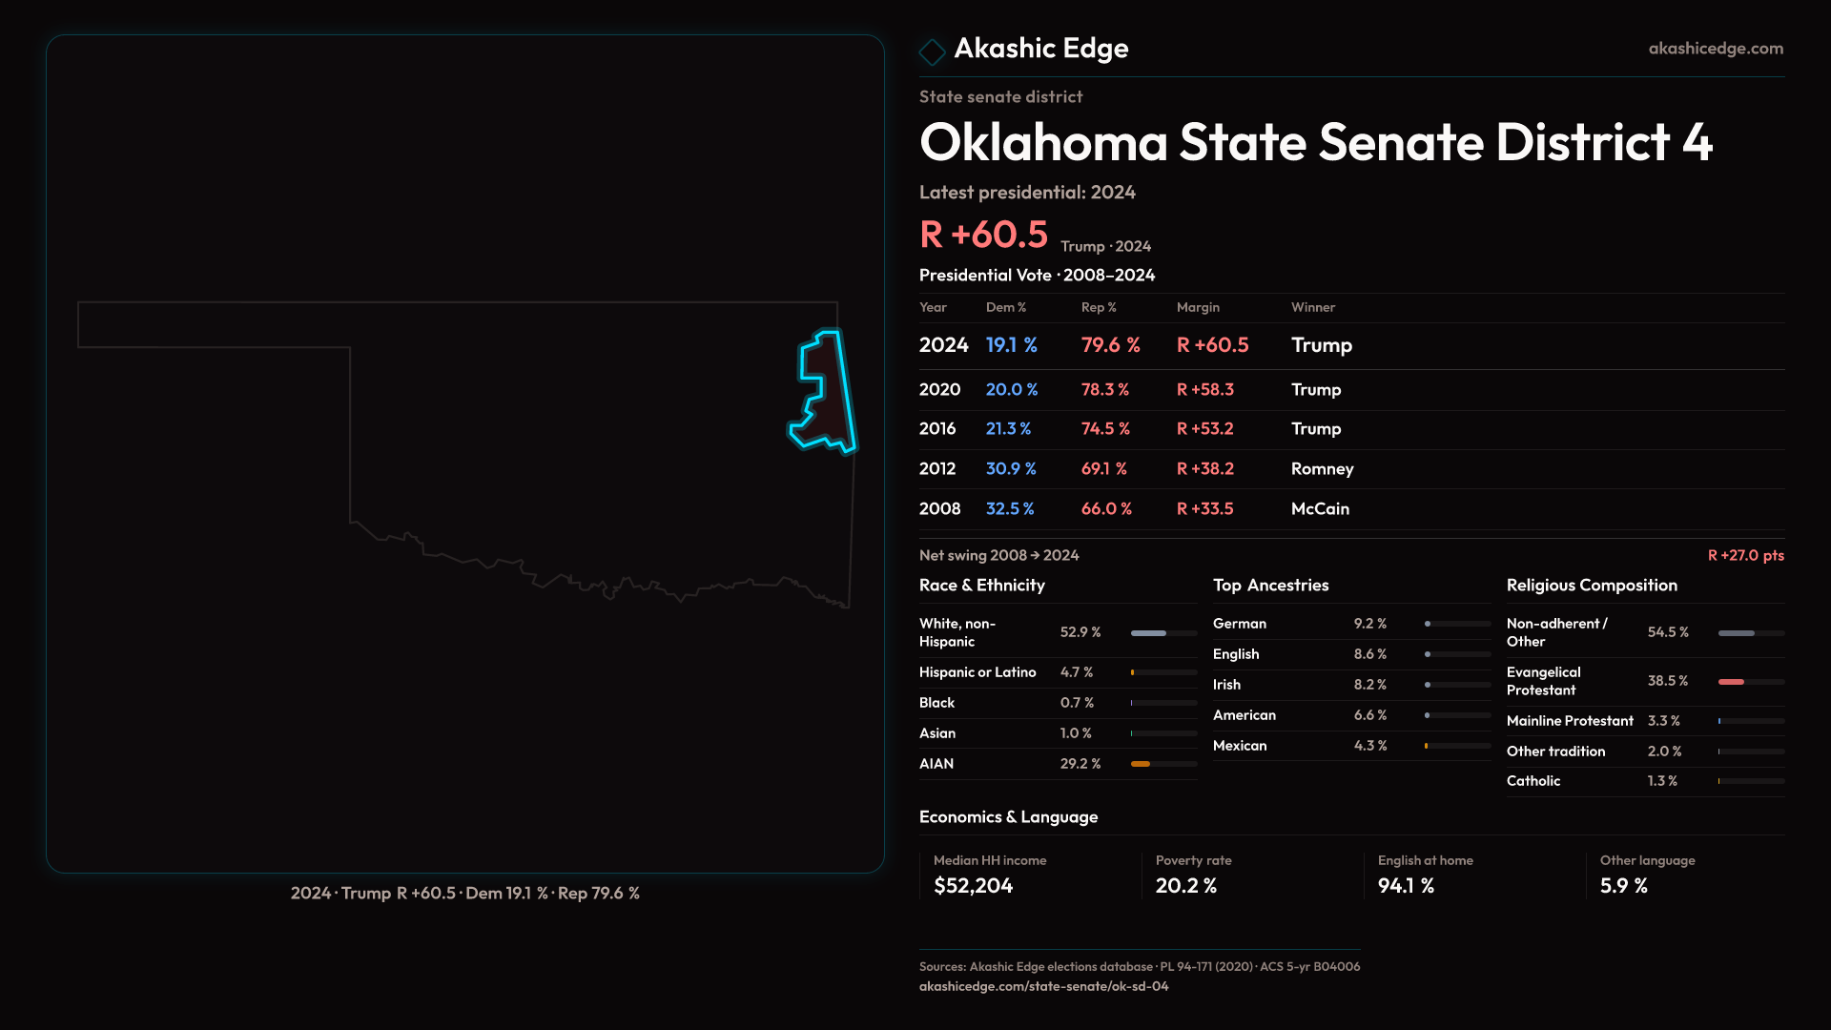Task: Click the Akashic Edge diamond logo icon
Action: [932, 51]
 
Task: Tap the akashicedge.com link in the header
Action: [1715, 49]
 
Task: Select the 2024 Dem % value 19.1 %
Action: [1011, 345]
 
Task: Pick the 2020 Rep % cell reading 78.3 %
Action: [1104, 390]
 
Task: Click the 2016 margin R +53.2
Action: [1204, 429]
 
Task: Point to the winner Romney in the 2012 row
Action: [1322, 469]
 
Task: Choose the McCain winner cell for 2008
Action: [1320, 509]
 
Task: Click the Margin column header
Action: [1198, 307]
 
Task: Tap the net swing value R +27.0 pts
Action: [1745, 555]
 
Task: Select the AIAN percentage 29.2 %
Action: [1080, 764]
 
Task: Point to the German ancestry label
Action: [1239, 624]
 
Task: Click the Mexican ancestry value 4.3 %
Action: [1369, 746]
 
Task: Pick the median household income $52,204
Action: [973, 886]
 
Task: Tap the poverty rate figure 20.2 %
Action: [1185, 886]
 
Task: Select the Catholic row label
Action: [1533, 781]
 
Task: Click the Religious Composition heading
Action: [1591, 586]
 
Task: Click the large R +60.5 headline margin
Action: [983, 235]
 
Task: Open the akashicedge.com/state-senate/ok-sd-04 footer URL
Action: [1043, 986]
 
